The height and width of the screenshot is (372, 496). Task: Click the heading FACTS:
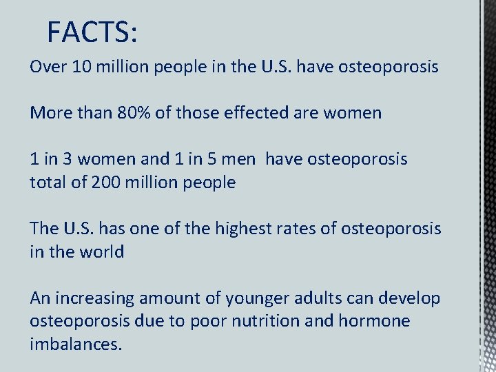92,32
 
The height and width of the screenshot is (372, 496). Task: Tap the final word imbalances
76,344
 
